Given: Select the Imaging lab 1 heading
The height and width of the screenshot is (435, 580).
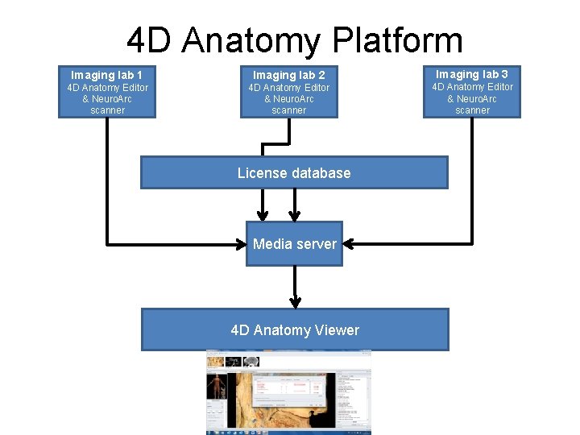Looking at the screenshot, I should [107, 75].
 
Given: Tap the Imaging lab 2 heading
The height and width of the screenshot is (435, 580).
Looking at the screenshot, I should [288, 75].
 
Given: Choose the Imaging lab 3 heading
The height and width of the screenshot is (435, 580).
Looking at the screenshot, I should [472, 74].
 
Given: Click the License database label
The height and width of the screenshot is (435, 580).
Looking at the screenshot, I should [294, 172].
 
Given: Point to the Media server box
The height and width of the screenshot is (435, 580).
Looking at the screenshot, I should [294, 243].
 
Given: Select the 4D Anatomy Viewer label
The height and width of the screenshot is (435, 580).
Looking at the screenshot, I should [295, 329].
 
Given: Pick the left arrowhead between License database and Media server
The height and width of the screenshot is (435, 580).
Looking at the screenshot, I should [262, 215].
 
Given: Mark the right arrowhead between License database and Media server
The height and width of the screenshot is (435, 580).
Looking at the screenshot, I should [295, 215].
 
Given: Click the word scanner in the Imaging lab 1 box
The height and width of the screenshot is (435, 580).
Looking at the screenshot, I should [107, 110].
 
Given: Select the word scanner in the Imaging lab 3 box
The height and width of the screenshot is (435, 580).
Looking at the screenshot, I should [472, 110].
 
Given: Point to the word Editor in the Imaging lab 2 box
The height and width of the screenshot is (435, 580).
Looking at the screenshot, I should [313, 87].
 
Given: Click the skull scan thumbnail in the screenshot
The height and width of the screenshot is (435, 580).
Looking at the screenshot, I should [251, 361].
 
